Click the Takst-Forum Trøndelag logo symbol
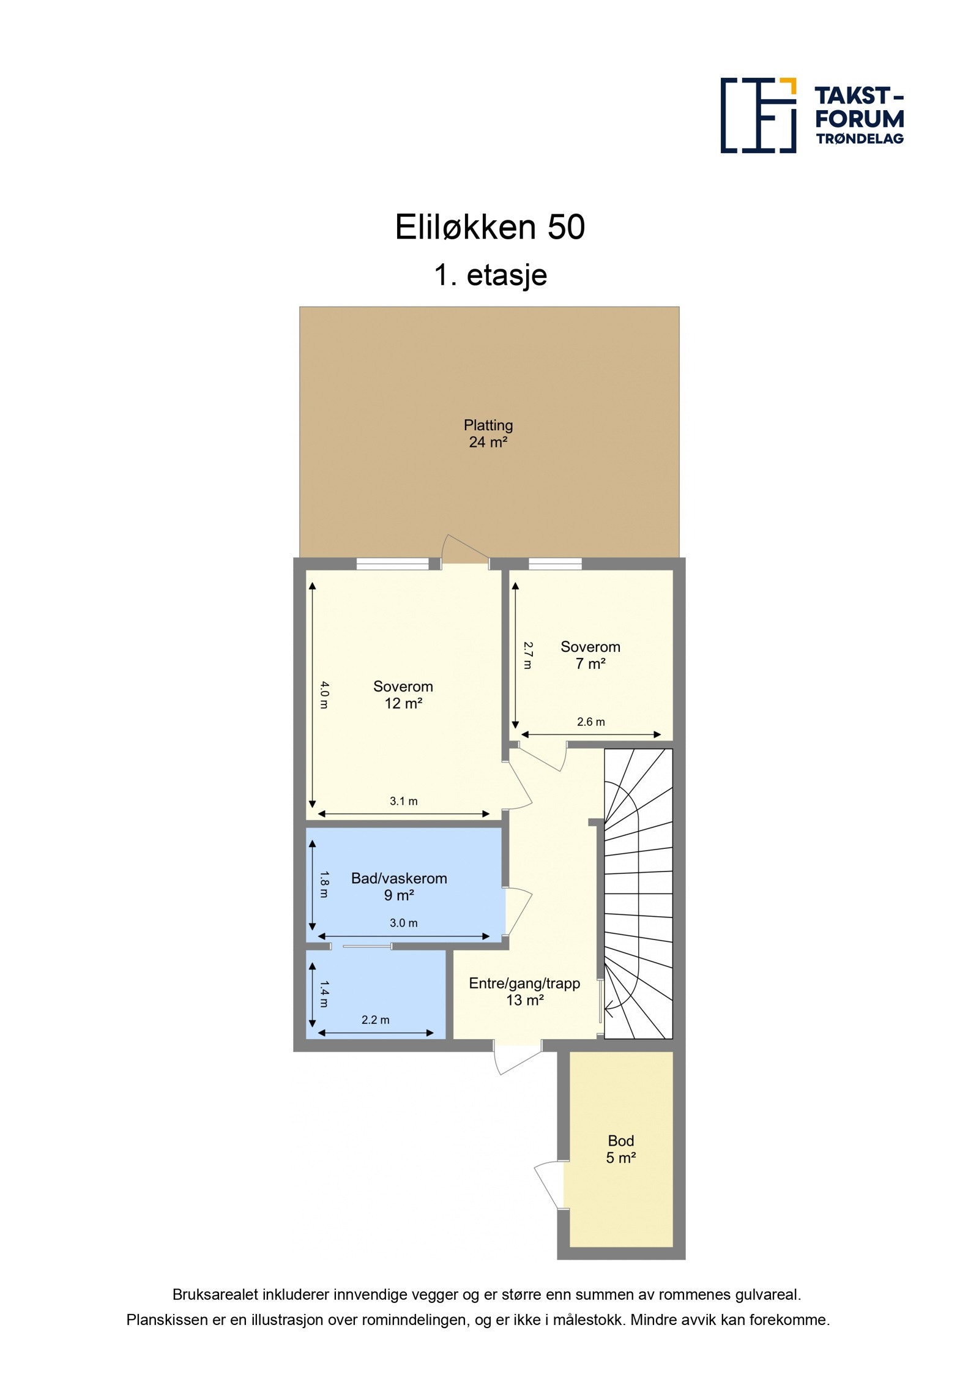coord(758,115)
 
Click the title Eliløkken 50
coord(489,227)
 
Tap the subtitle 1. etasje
coord(490,275)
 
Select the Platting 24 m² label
coord(488,433)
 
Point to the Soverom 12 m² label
coord(403,695)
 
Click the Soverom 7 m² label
coord(590,655)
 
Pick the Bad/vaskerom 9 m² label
coord(398,886)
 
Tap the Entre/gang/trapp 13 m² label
coord(524,991)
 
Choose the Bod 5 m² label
coord(620,1149)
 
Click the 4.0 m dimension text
coord(324,695)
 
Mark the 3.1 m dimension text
coord(403,801)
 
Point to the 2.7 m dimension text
coord(528,655)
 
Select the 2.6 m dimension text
coord(590,722)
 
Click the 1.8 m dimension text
coord(324,884)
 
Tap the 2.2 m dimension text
coord(375,1020)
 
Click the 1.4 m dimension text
coord(324,995)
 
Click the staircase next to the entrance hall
coord(638,894)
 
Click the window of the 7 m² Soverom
coord(554,564)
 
